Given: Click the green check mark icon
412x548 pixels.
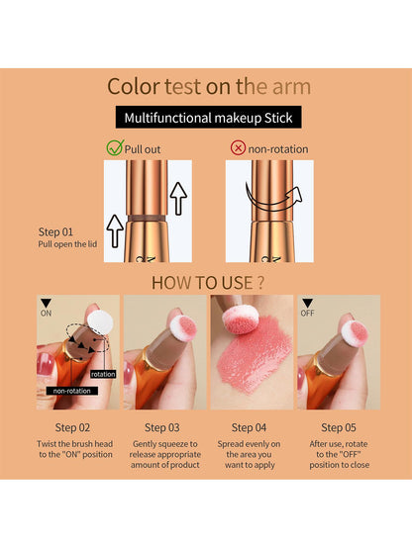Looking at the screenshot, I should point(114,148).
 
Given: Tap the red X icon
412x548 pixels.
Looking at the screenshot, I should point(238,148).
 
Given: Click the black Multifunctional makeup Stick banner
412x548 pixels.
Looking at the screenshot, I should point(206,119).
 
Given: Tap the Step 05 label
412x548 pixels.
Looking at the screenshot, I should point(341,428).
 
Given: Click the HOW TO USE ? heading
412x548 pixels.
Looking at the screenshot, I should point(206,283).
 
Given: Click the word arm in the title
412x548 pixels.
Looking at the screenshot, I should point(288,88).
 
